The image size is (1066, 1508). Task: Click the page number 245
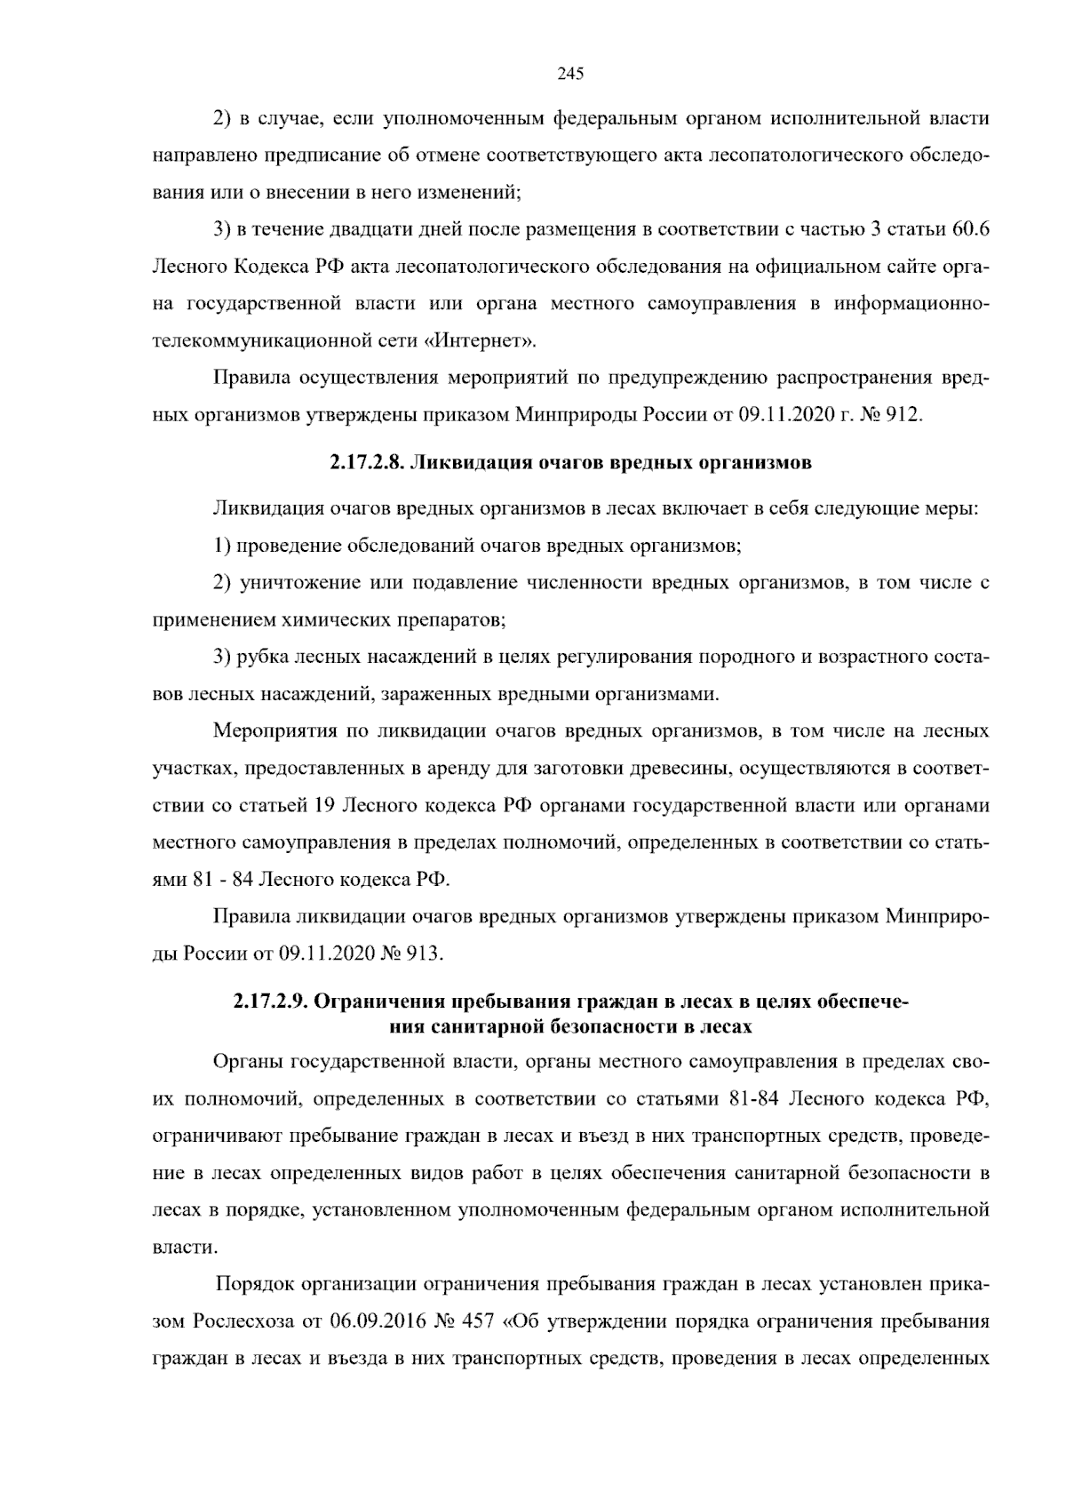pos(569,75)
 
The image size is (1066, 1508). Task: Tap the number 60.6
pos(971,230)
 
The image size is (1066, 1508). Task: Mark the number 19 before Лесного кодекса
pos(323,807)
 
